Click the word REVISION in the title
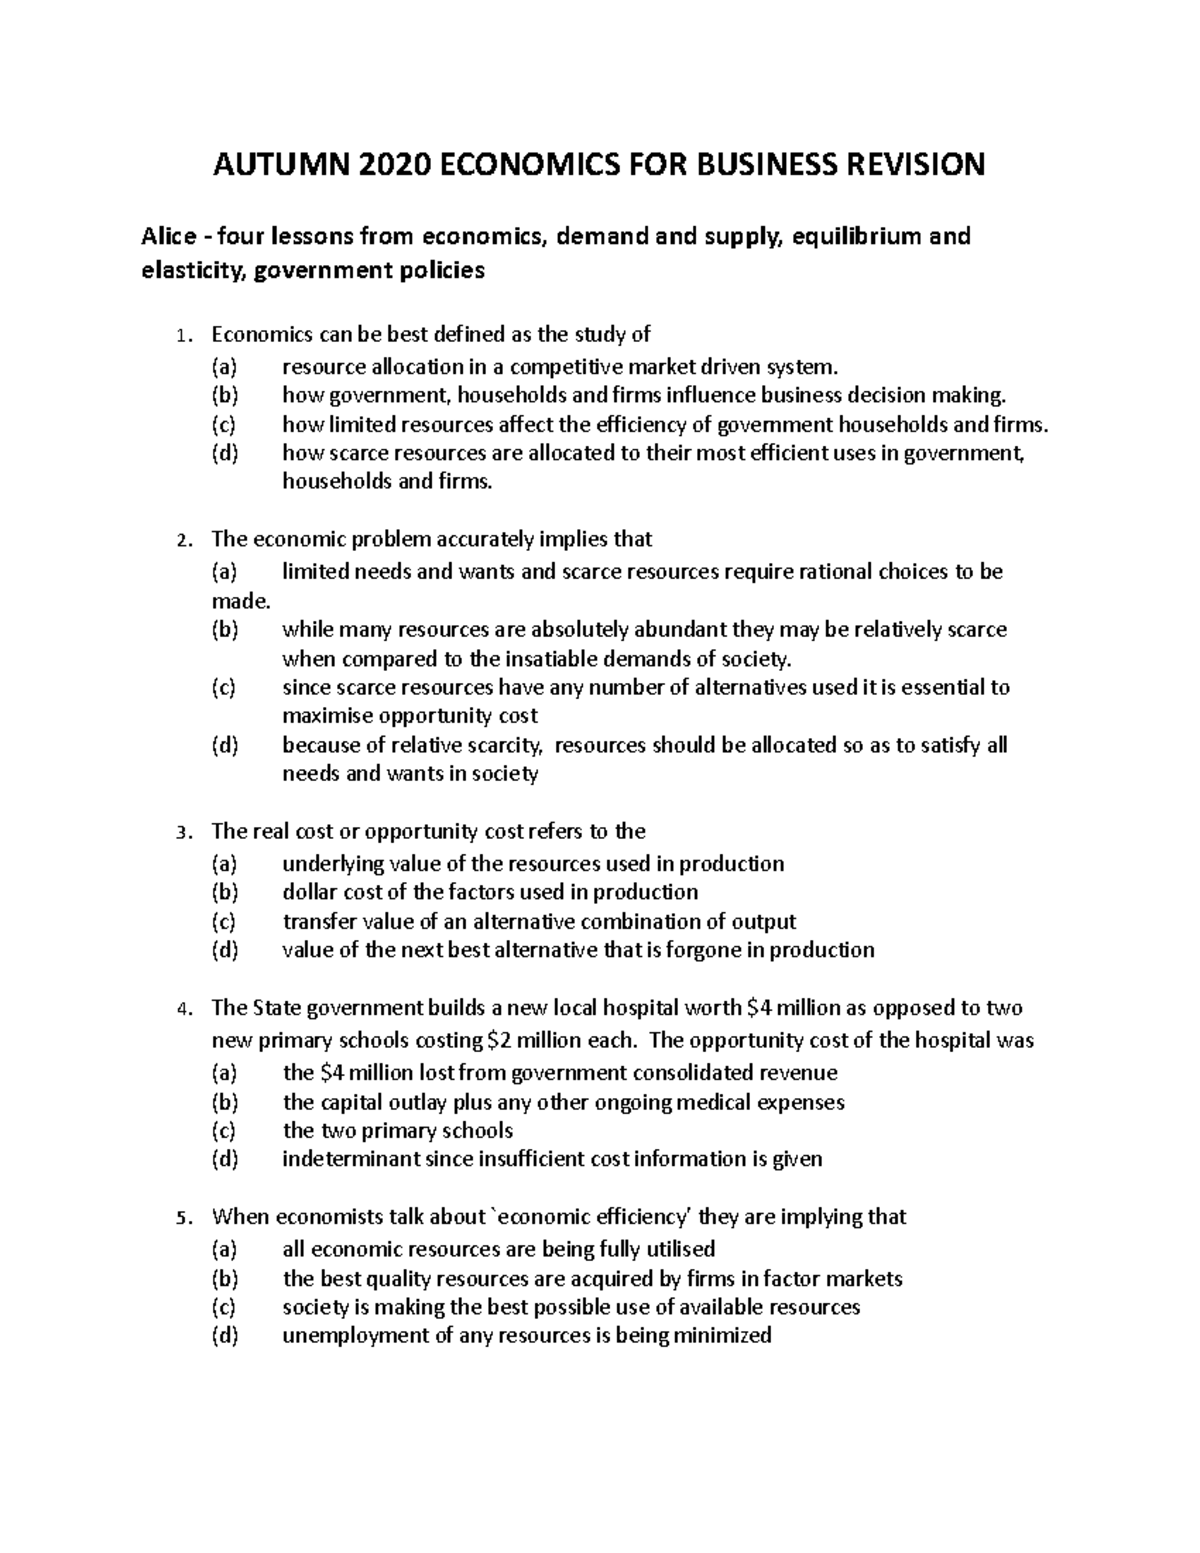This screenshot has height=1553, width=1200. pyautogui.click(x=907, y=164)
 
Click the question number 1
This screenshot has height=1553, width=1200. pyautogui.click(x=180, y=336)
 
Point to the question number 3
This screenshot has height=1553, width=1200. pyautogui.click(x=180, y=833)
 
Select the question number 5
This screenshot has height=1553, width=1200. pyautogui.click(x=180, y=1218)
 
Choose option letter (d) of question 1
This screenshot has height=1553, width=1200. pyautogui.click(x=225, y=453)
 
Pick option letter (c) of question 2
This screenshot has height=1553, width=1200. pyautogui.click(x=225, y=687)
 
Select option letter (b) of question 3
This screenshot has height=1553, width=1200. pyautogui.click(x=225, y=892)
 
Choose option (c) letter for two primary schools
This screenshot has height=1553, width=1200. pyautogui.click(x=225, y=1131)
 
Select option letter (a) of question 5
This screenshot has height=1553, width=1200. pyautogui.click(x=225, y=1248)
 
